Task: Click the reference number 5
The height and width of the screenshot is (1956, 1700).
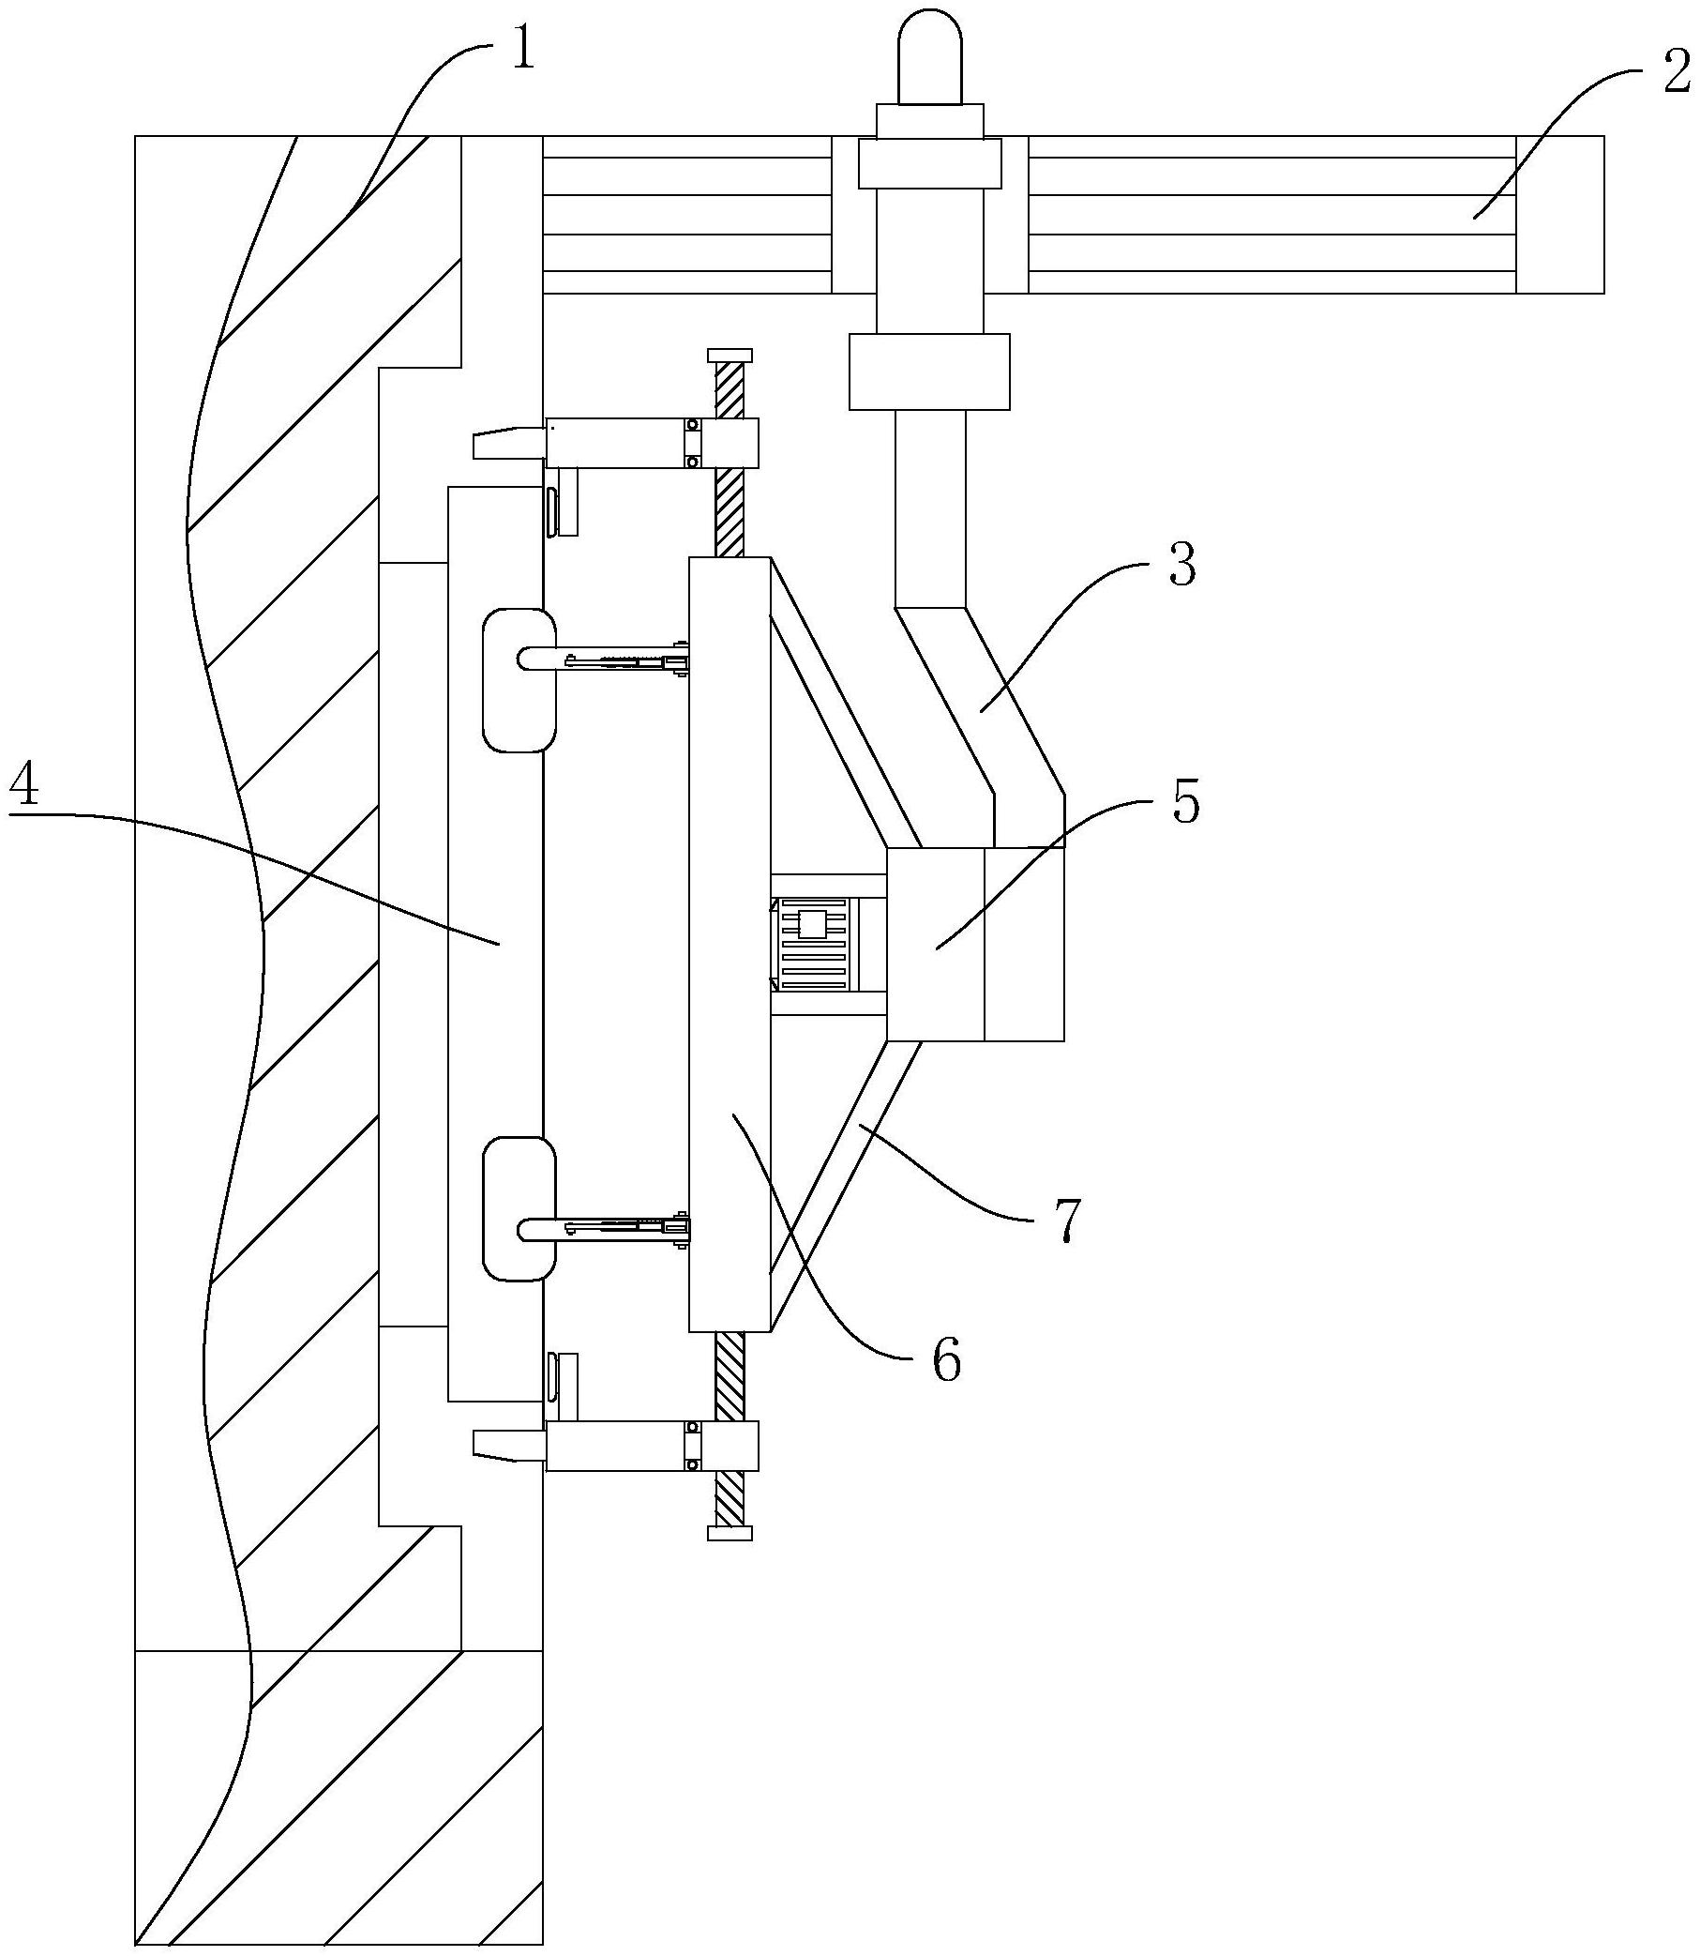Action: tap(1186, 802)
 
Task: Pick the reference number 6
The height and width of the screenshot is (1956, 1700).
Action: tap(946, 1359)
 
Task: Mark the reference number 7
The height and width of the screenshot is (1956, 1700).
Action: tap(1065, 1221)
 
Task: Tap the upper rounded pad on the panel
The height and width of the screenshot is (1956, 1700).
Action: tap(518, 680)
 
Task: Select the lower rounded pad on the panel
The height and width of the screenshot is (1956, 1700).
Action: tap(518, 1210)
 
